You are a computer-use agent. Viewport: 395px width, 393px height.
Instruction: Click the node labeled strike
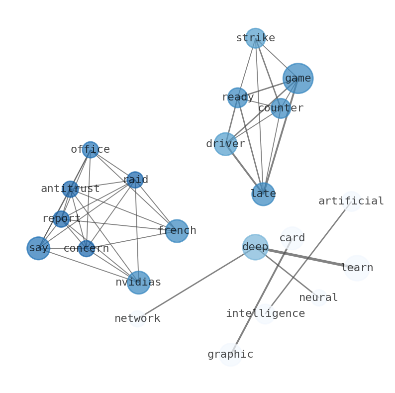[255, 38]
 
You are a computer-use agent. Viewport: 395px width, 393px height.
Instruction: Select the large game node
[298, 78]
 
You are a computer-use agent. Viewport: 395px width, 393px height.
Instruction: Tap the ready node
[237, 98]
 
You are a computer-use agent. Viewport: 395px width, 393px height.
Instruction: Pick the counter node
[281, 108]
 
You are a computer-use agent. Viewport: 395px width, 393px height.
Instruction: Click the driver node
[225, 144]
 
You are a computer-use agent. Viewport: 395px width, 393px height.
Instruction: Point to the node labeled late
[263, 194]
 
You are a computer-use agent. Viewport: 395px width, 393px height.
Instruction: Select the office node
[90, 149]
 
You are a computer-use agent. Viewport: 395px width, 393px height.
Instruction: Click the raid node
[135, 180]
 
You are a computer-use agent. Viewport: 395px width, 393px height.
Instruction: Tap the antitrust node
[70, 189]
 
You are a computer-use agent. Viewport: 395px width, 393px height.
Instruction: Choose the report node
[61, 219]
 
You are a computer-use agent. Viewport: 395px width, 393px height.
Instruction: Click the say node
[38, 248]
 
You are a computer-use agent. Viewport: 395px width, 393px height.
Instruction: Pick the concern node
[86, 249]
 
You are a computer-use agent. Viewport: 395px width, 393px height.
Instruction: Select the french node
[177, 231]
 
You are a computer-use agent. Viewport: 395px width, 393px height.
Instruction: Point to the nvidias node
[138, 283]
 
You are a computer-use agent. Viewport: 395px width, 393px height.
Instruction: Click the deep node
[255, 247]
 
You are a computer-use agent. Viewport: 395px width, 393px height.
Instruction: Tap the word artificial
[351, 201]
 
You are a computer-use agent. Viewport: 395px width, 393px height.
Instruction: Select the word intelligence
[265, 314]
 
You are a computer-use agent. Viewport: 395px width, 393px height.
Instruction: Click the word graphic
[230, 355]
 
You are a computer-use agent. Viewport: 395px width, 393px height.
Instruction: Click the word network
[137, 319]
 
